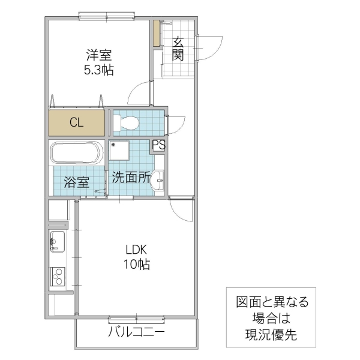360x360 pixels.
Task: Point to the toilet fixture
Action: (x=127, y=124)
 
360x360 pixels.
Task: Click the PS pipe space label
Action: (x=158, y=145)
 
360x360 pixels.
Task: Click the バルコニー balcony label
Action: (x=136, y=332)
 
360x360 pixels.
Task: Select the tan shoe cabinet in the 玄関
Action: (x=156, y=35)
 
